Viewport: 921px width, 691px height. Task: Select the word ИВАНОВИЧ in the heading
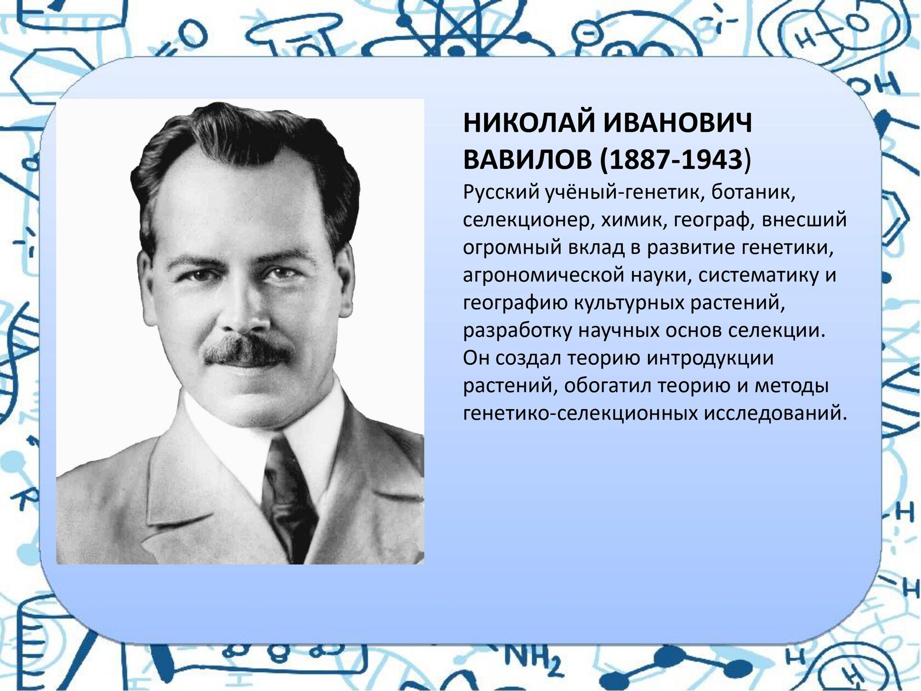(x=677, y=123)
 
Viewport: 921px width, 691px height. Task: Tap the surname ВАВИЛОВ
(x=527, y=160)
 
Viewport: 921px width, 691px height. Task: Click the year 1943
(x=709, y=160)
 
